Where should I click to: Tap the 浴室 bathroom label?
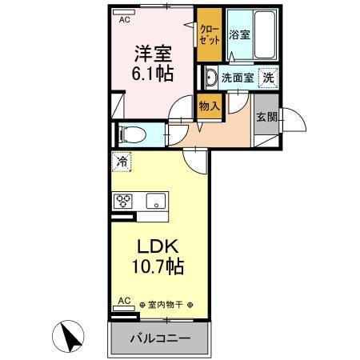point(238,35)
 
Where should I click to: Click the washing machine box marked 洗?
point(270,78)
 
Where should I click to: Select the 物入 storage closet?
point(209,106)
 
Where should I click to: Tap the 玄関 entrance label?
point(266,117)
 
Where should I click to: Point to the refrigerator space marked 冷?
point(122,161)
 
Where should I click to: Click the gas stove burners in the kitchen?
point(125,201)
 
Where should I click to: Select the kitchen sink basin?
point(154,200)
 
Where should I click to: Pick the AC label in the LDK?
point(123,301)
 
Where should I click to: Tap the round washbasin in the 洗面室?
point(210,78)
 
